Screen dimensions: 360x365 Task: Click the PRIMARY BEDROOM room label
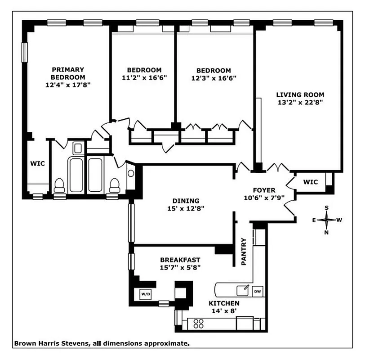pyautogui.click(x=68, y=73)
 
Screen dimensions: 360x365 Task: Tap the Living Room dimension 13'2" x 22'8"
pyautogui.click(x=300, y=102)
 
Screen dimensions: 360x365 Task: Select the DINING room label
pyautogui.click(x=186, y=201)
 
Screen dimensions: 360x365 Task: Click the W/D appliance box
pyautogui.click(x=146, y=294)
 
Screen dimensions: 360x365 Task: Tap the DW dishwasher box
pyautogui.click(x=258, y=291)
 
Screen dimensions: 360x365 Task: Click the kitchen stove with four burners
pyautogui.click(x=198, y=323)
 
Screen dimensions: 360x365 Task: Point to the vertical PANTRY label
pyautogui.click(x=244, y=252)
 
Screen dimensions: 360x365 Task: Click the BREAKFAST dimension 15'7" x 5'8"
pyautogui.click(x=180, y=267)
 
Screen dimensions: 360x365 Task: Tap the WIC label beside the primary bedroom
pyautogui.click(x=37, y=163)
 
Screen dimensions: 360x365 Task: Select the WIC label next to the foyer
pyautogui.click(x=310, y=182)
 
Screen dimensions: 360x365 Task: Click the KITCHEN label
pyautogui.click(x=223, y=303)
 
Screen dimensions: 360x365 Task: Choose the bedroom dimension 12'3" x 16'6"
pyautogui.click(x=214, y=78)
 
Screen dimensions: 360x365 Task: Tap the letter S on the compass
pyautogui.click(x=327, y=208)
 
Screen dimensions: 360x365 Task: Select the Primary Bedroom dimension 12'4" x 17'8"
pyautogui.click(x=68, y=84)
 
